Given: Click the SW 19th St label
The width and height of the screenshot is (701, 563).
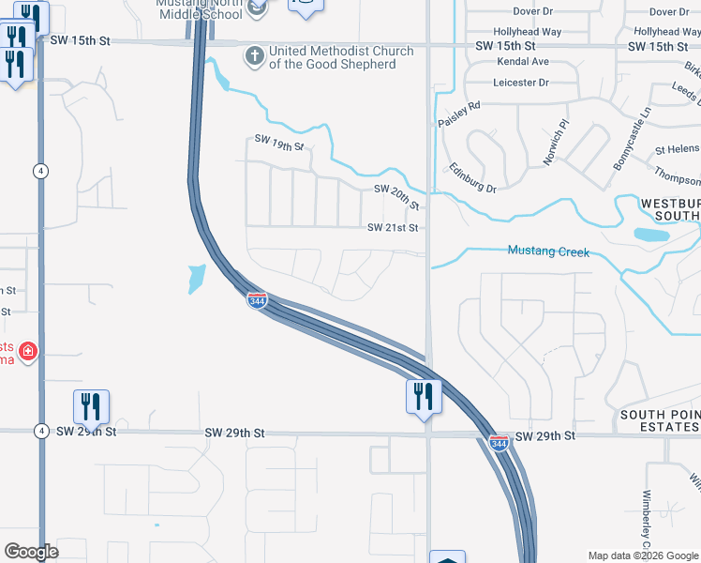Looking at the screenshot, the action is [280, 143].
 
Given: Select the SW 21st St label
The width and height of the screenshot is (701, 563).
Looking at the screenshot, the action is [392, 228].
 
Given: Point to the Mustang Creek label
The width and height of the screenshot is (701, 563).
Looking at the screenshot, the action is [548, 251].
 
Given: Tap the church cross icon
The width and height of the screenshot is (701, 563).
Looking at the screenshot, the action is [253, 55].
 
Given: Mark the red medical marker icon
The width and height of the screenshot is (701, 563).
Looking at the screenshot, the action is [29, 352].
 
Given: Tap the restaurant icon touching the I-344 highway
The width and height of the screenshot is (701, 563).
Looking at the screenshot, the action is [424, 395].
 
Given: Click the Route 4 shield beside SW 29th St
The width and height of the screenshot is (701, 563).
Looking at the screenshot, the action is [41, 431].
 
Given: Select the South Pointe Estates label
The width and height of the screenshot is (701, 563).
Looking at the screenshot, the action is [660, 420].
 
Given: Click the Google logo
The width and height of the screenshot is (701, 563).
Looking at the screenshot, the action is [31, 552].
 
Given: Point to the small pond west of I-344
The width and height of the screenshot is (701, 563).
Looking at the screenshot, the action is [196, 278].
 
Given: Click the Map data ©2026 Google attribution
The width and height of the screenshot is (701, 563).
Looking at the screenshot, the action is [643, 555].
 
